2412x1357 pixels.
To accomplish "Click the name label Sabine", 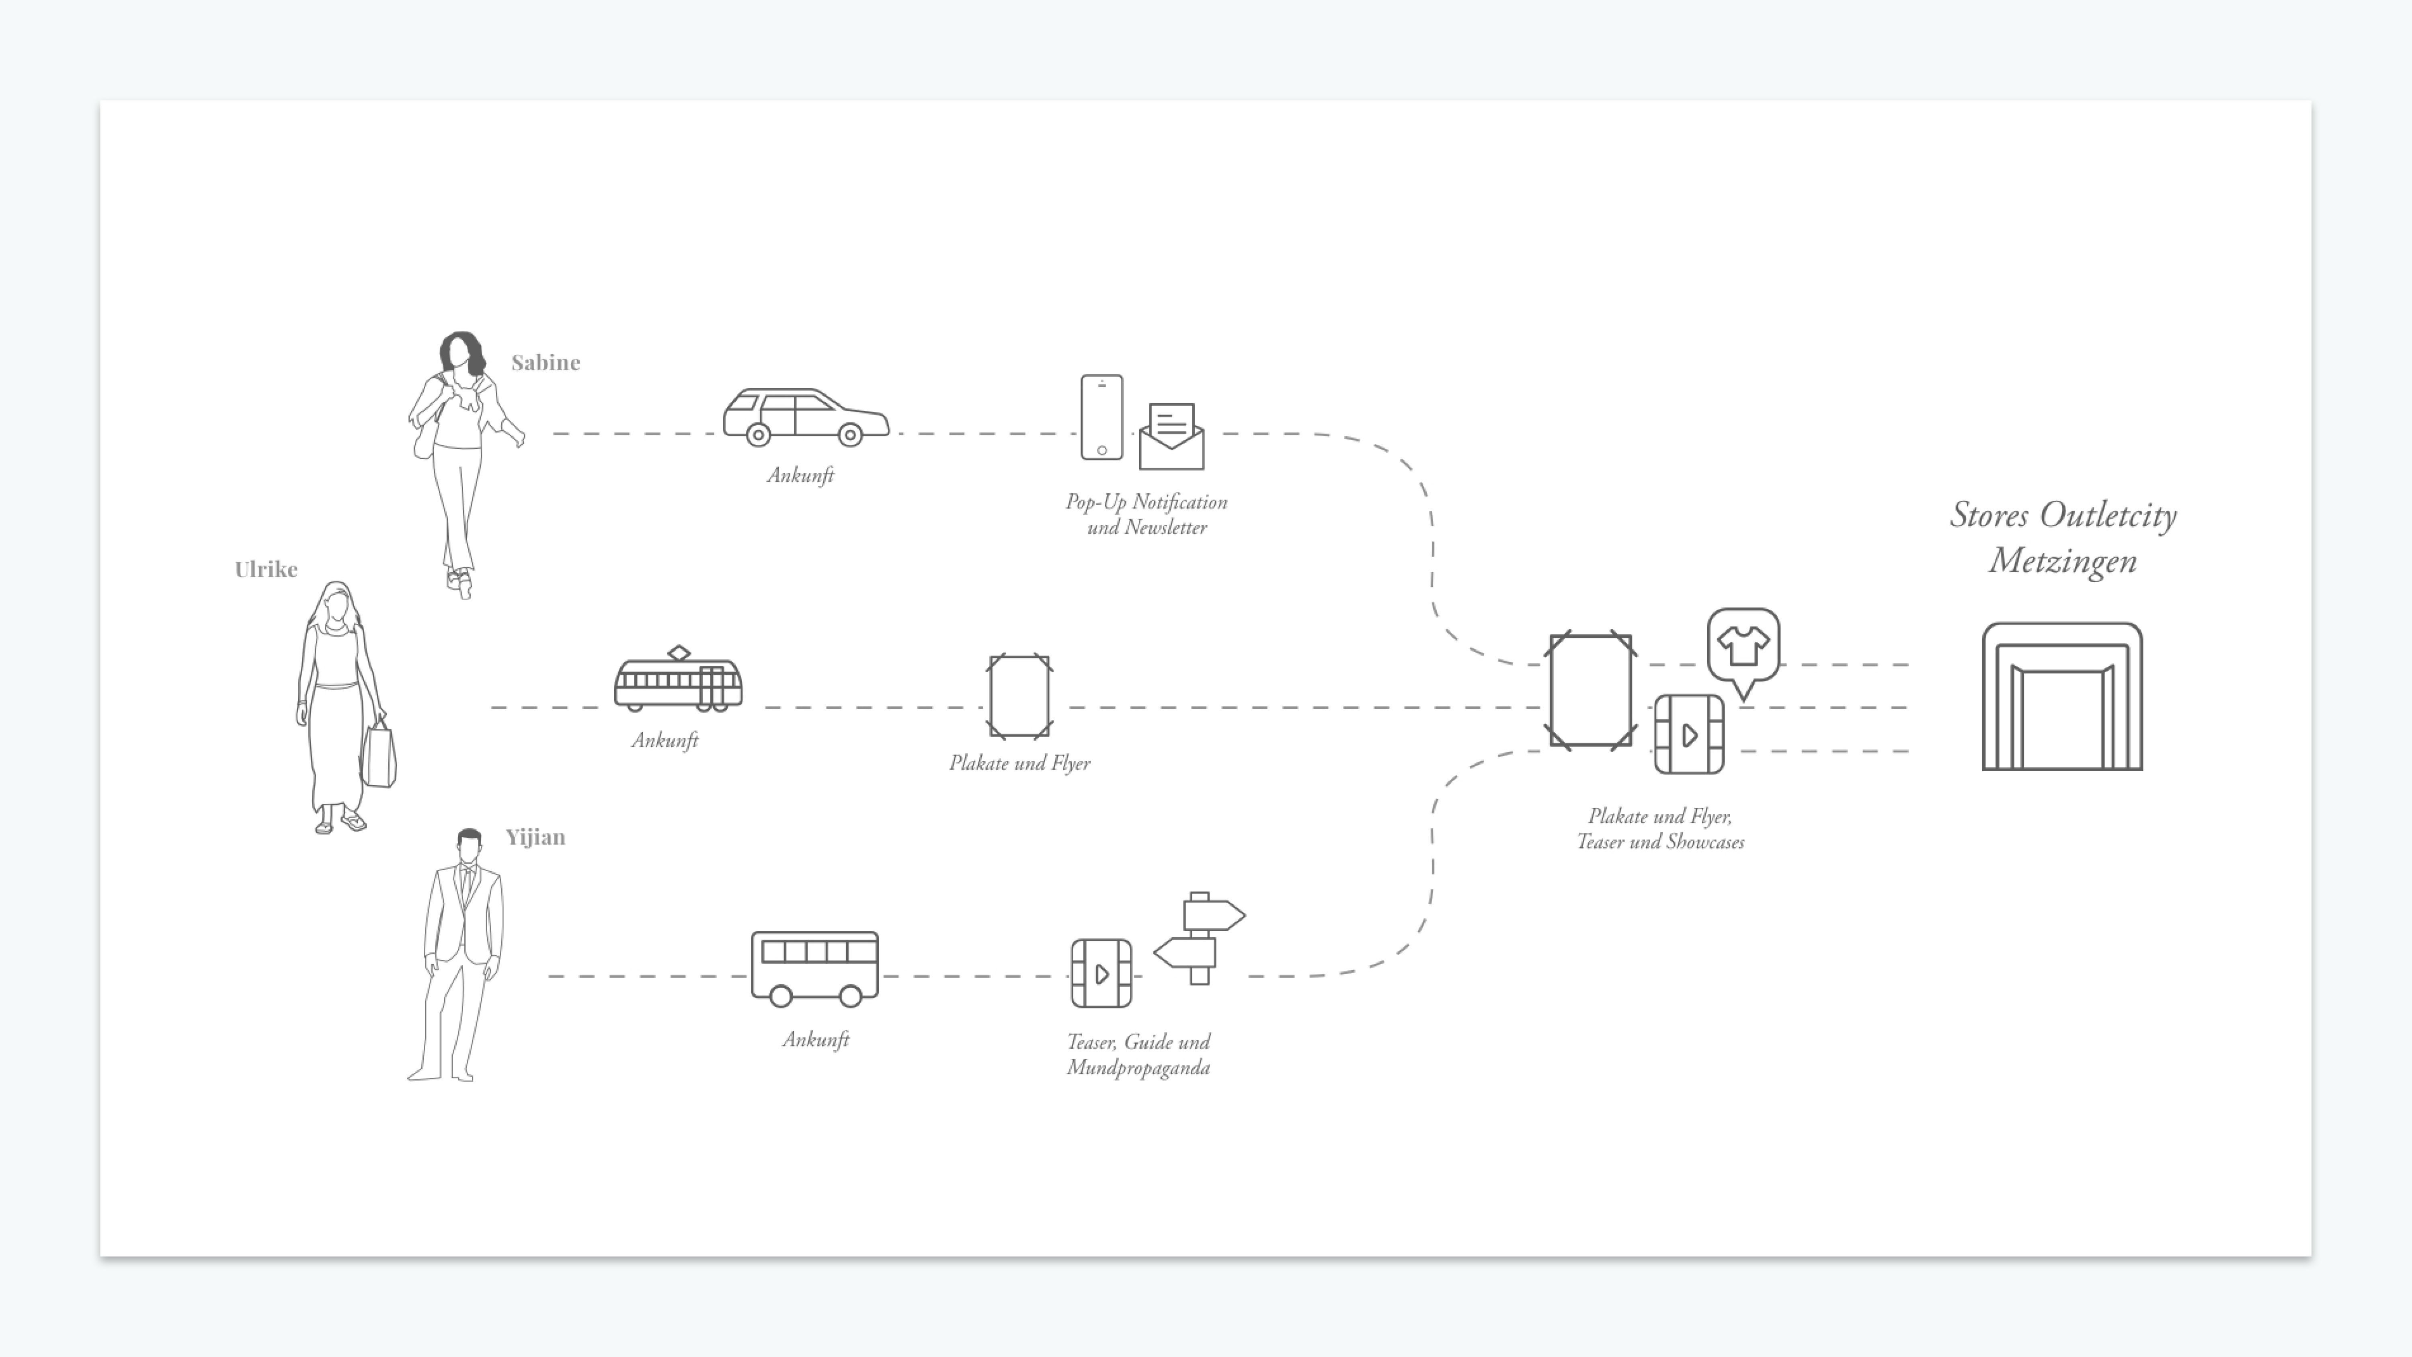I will pyautogui.click(x=545, y=362).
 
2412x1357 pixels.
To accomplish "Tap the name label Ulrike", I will pyautogui.click(x=266, y=569).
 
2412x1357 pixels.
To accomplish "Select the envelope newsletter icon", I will pyautogui.click(x=1171, y=437).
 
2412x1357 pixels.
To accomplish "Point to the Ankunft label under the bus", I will pyautogui.click(x=816, y=1039).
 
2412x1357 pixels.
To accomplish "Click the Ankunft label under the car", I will pyautogui.click(x=800, y=476).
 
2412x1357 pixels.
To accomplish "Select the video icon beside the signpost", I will pyautogui.click(x=1101, y=974).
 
